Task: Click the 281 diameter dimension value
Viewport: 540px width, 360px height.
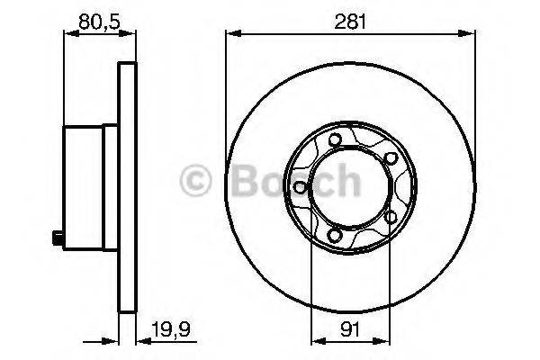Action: [x=351, y=21]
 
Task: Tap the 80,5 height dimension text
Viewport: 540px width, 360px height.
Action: [x=99, y=21]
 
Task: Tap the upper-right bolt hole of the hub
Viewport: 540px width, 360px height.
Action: [x=390, y=158]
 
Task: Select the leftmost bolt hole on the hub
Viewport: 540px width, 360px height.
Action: [x=297, y=187]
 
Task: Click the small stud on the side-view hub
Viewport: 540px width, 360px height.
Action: [x=56, y=238]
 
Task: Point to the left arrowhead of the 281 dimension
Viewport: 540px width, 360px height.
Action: [x=229, y=35]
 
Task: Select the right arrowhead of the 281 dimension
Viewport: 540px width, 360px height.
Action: [x=473, y=35]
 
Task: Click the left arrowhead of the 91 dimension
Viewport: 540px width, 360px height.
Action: [x=313, y=342]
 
